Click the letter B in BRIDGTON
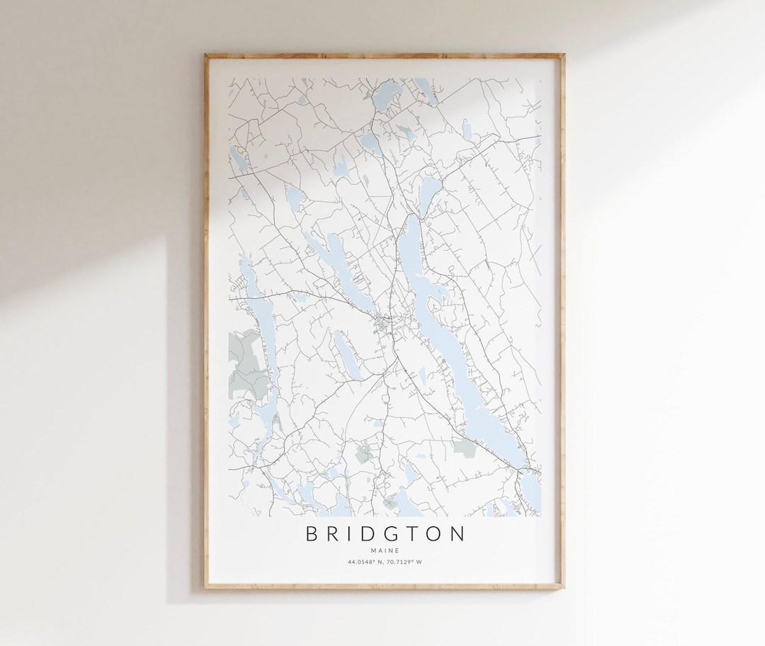312,533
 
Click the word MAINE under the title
385,550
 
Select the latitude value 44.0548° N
365,562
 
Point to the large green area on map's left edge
244,361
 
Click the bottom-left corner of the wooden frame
206,587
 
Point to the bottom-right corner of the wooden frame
563,587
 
